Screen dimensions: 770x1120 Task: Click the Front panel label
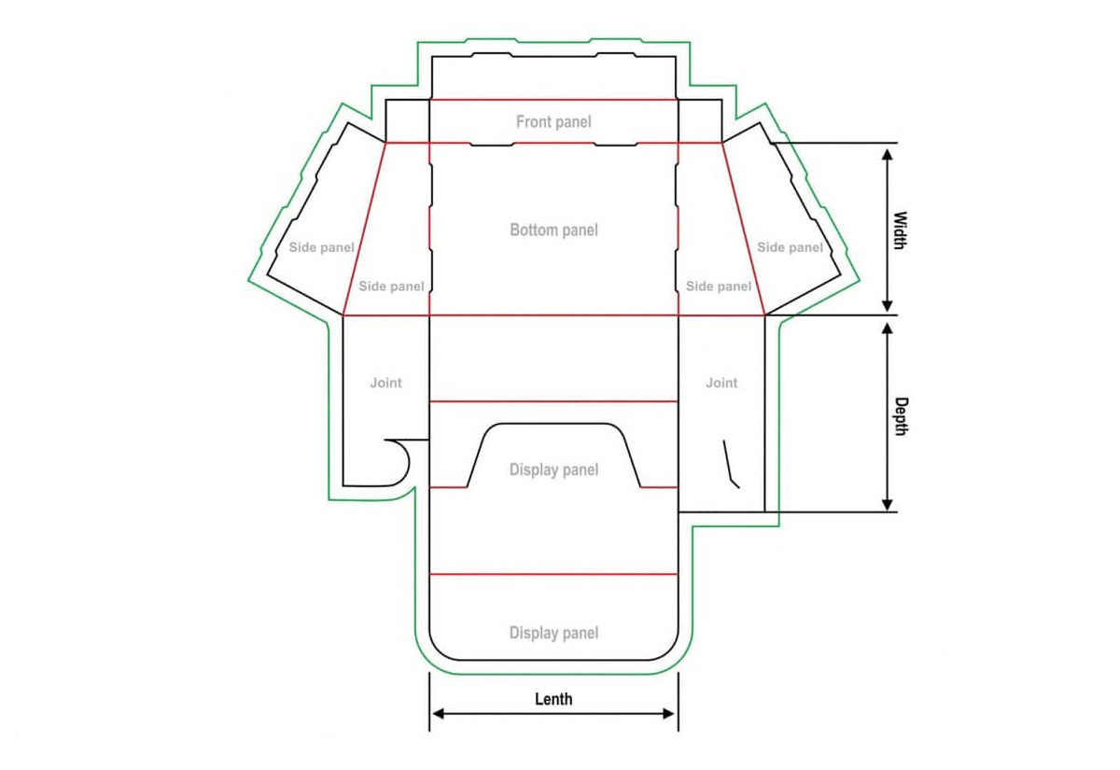click(553, 122)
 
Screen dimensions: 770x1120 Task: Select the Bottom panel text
click(553, 230)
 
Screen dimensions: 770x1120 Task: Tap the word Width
click(900, 231)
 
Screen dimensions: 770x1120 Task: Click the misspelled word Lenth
click(553, 699)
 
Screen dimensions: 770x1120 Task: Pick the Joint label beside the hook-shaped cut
click(385, 383)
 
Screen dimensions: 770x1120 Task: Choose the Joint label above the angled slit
click(721, 383)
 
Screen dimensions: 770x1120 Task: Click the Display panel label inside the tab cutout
click(553, 469)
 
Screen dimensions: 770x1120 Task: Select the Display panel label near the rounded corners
click(553, 633)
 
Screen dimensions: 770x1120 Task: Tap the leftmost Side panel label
click(321, 247)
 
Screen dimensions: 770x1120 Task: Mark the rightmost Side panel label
click(790, 247)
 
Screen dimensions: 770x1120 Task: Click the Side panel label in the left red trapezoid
click(391, 287)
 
